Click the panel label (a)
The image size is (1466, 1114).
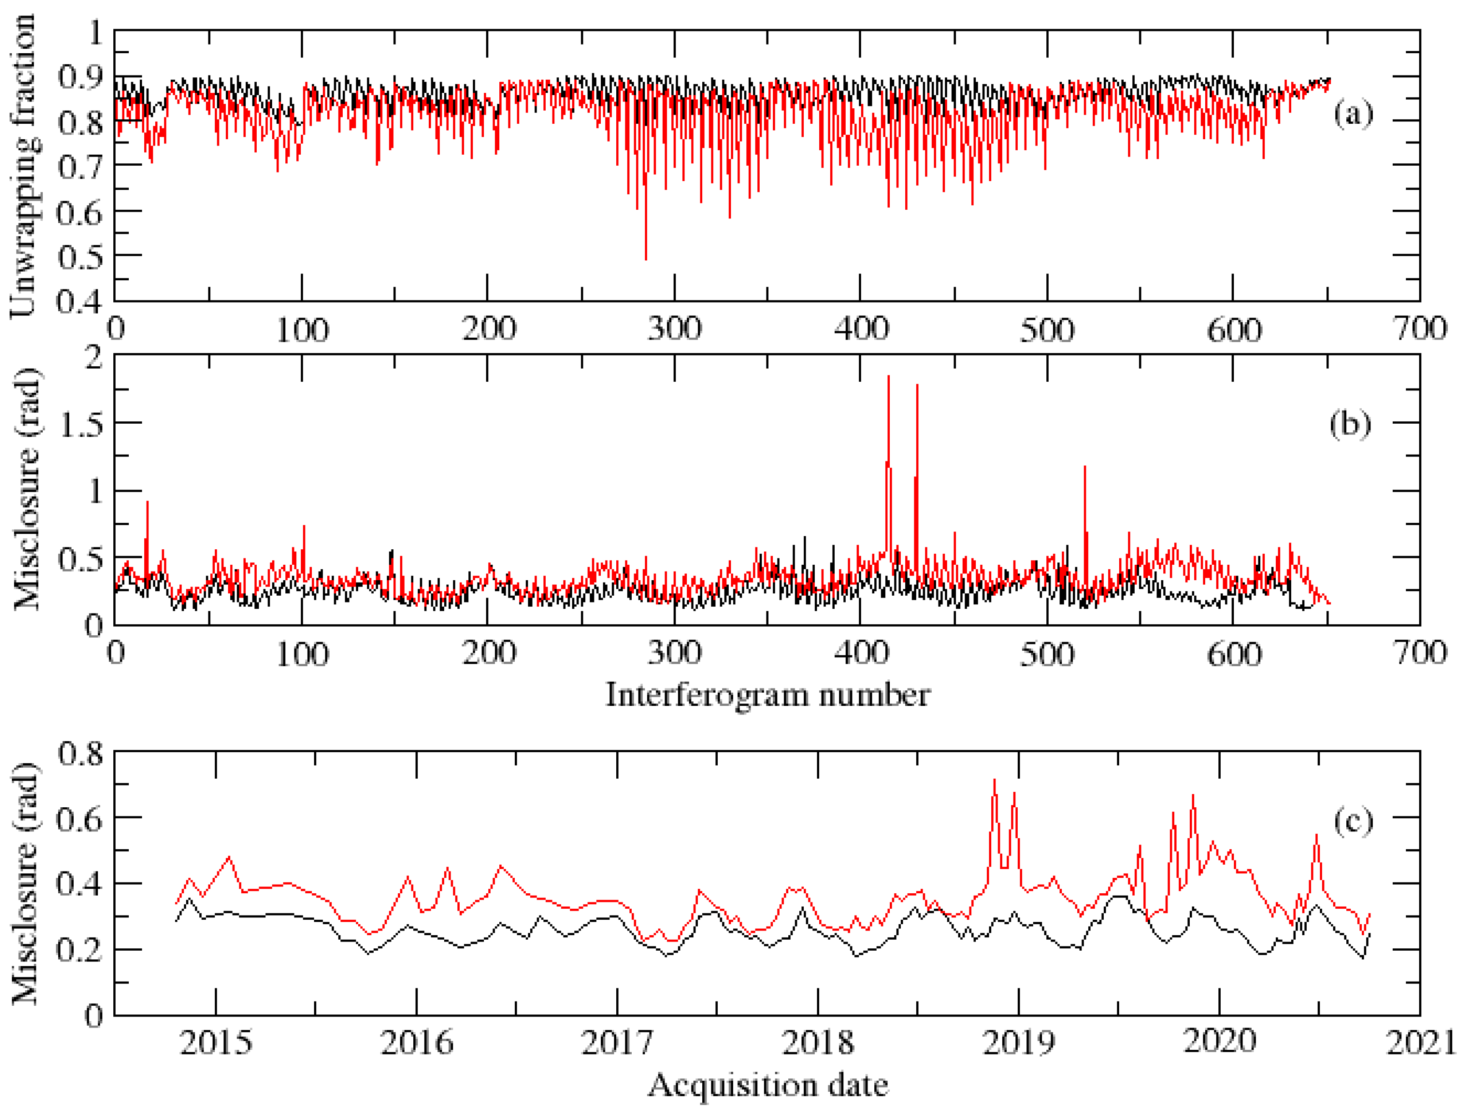coord(1353,114)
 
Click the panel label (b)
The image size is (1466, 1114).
coord(1350,425)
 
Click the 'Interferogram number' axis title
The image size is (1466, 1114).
coord(768,695)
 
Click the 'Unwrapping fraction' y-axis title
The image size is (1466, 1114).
coord(23,166)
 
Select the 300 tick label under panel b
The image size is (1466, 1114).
coord(675,654)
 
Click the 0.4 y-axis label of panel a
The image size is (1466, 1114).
coord(80,302)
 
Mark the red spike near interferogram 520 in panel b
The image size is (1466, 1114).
coord(1085,467)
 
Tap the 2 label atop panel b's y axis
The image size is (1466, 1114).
coord(94,358)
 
